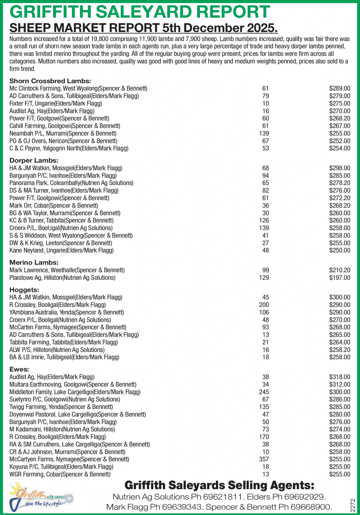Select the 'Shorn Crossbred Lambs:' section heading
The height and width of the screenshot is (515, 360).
click(50, 81)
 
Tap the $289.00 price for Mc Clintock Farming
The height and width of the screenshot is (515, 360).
click(339, 88)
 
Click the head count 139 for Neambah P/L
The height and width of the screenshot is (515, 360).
click(265, 133)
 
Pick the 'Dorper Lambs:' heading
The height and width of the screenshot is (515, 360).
click(34, 161)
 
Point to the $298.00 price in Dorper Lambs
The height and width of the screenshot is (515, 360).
click(339, 168)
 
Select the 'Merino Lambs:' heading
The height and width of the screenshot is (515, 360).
click(34, 263)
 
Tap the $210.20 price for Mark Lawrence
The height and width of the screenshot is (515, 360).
click(339, 270)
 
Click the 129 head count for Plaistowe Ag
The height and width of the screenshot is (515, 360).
click(265, 277)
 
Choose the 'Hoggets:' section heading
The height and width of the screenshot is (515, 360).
click(24, 290)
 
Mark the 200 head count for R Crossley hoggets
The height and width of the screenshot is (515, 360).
click(265, 305)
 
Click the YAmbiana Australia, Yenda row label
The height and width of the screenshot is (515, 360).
click(67, 312)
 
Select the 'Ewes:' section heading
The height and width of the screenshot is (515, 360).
click(19, 369)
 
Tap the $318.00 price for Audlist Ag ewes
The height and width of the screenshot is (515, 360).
click(339, 377)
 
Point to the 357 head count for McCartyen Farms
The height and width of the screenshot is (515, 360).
click(265, 459)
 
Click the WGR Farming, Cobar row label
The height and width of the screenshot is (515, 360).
click(60, 474)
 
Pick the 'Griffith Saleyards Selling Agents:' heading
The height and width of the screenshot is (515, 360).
click(219, 485)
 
